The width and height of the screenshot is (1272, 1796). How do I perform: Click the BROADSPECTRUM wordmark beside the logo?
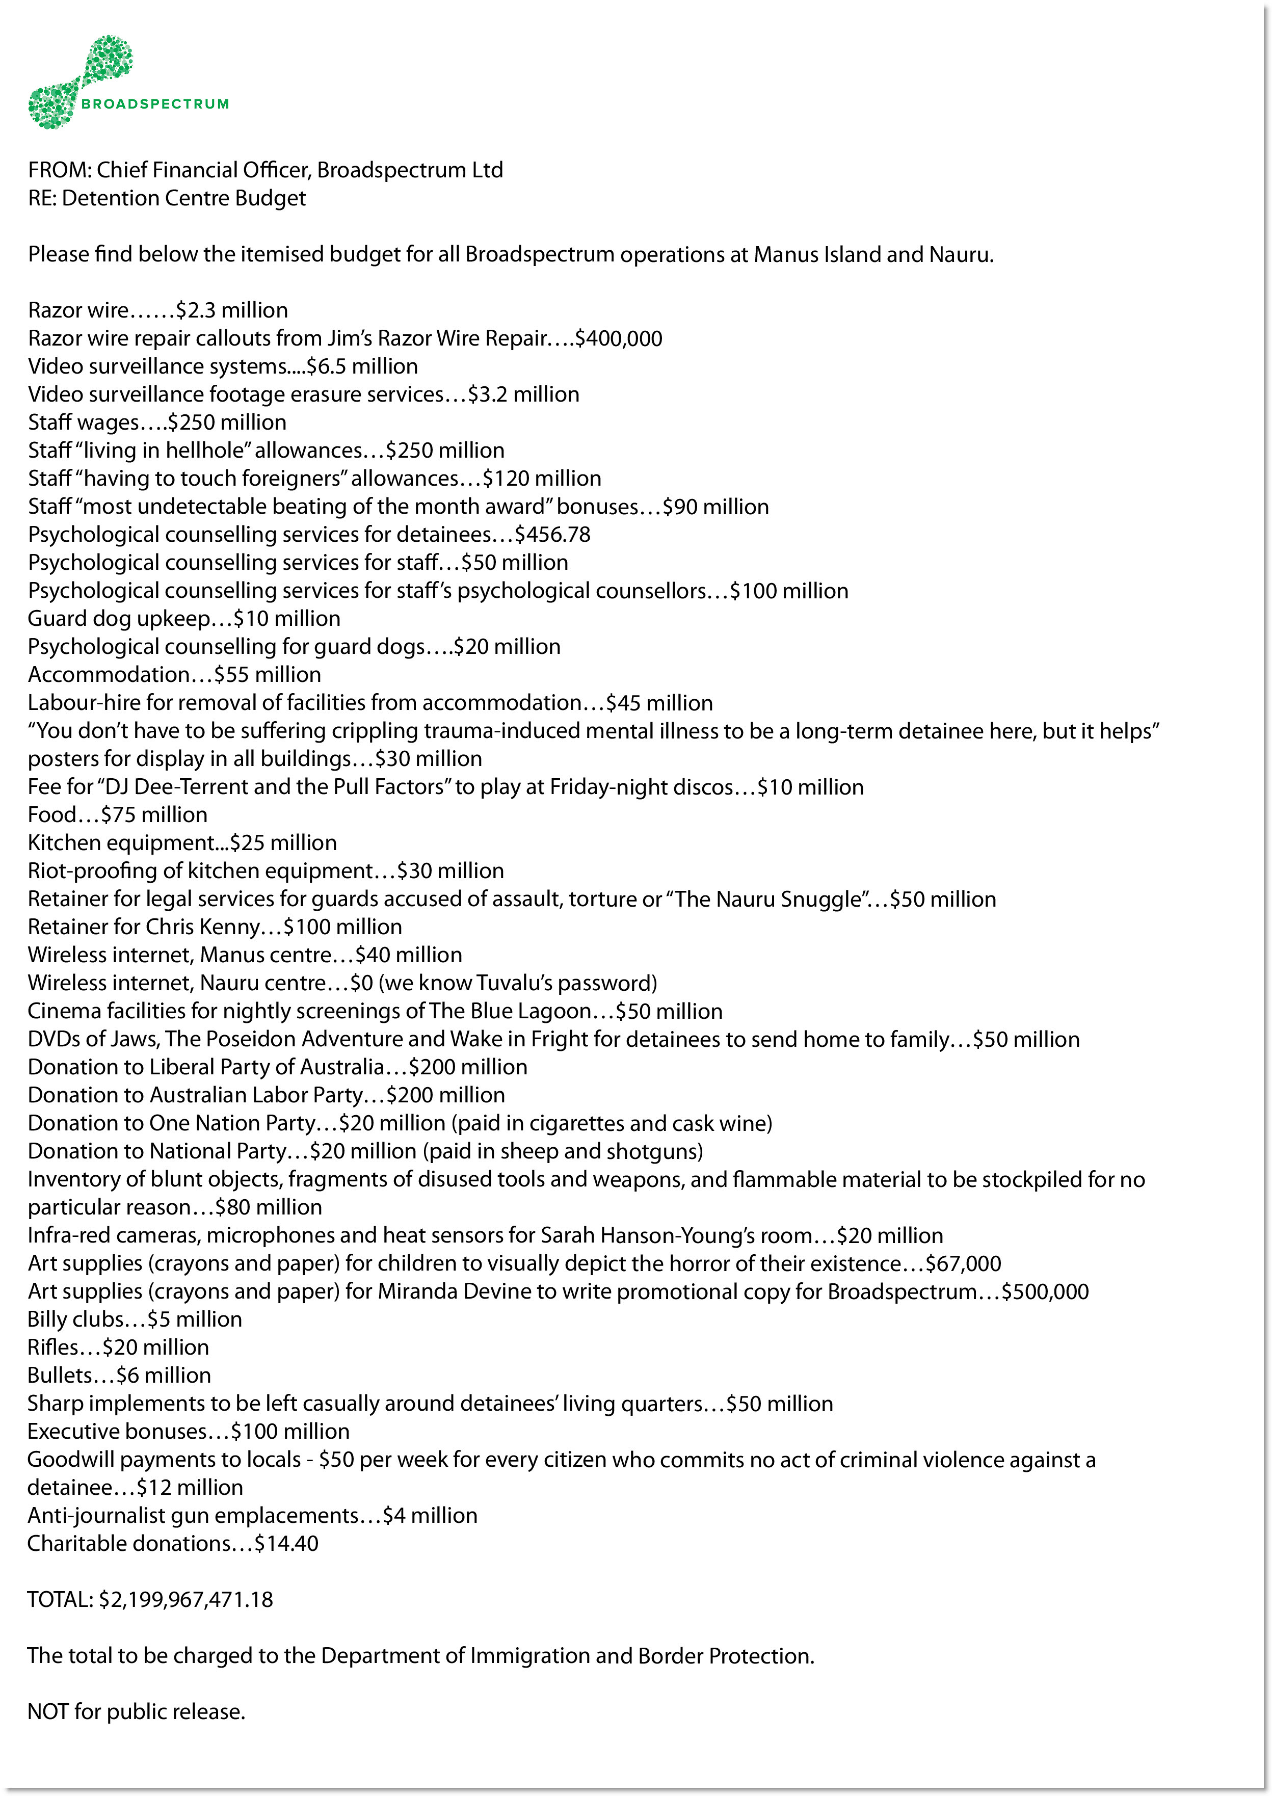click(155, 104)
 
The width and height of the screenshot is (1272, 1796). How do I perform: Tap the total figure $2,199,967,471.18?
click(185, 1599)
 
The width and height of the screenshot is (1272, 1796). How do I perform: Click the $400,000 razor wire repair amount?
click(619, 338)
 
